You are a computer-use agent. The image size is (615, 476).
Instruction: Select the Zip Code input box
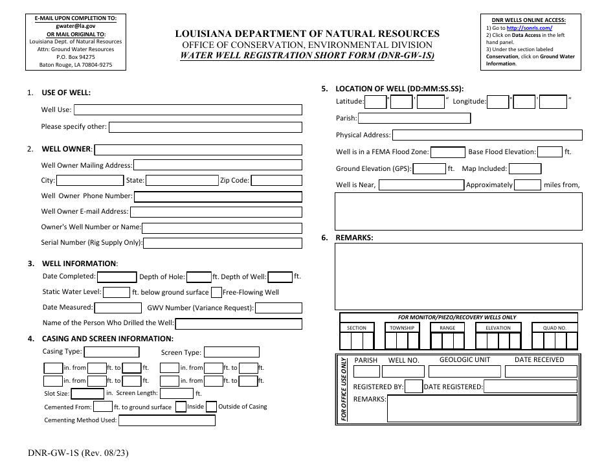coord(276,181)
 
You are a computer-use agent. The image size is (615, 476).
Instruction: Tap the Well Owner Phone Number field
coord(218,196)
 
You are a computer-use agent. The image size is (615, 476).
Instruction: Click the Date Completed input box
coord(117,277)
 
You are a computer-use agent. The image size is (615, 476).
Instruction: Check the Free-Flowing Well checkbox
coord(217,293)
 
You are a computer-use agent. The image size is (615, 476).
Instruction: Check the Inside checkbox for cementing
coord(181,407)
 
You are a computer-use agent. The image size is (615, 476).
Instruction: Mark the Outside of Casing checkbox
coord(212,407)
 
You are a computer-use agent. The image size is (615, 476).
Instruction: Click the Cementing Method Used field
coord(167,420)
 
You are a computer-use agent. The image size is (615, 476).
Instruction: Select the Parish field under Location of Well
coord(414,119)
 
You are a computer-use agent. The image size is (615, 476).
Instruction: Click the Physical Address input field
coord(487,135)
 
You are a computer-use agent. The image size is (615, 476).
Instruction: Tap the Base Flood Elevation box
coord(550,152)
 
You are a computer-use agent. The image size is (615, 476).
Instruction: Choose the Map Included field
coord(525,169)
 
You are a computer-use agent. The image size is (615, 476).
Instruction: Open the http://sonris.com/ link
coord(529,28)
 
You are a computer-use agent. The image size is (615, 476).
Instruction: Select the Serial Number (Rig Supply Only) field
coord(223,244)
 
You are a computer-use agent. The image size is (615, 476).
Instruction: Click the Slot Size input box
coord(87,394)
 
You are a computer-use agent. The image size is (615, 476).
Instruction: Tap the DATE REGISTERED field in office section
coord(531,387)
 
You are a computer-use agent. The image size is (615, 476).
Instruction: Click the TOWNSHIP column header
coord(402,328)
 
